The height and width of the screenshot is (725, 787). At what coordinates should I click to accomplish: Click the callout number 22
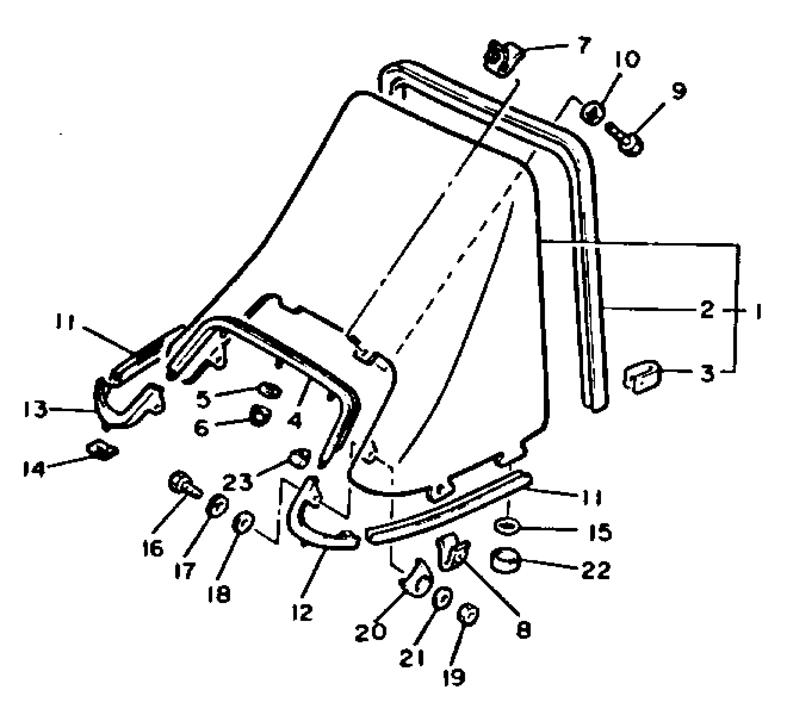tap(596, 570)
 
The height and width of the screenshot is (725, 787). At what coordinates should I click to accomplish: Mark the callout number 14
tap(34, 469)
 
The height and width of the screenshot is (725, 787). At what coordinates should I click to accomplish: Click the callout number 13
tap(35, 410)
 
